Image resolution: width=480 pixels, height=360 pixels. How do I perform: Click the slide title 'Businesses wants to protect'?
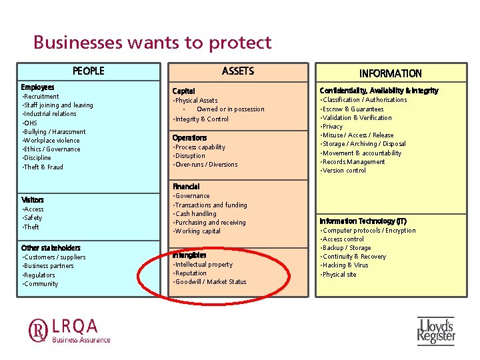[x=153, y=43]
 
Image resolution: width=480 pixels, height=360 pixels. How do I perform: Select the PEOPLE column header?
[x=89, y=71]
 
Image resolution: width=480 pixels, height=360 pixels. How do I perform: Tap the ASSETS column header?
[x=238, y=71]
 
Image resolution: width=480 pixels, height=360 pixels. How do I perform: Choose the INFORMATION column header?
[x=391, y=73]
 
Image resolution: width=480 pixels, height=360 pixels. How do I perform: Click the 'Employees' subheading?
[x=37, y=87]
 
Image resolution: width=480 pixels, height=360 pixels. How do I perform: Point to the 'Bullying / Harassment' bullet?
[x=55, y=132]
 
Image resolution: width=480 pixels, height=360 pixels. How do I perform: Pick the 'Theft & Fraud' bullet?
[x=43, y=167]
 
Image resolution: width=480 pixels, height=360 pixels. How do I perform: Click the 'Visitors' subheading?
[x=33, y=200]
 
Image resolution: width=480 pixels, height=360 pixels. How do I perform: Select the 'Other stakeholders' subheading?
[x=51, y=248]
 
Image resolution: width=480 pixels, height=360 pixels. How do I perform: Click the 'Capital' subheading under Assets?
[x=183, y=91]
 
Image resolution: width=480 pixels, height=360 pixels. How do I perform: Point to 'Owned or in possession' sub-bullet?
[x=231, y=109]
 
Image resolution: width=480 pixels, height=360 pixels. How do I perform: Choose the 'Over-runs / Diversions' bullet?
[x=206, y=165]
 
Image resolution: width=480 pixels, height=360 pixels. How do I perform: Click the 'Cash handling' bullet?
[x=195, y=214]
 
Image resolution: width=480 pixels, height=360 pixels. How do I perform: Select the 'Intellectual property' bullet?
[x=203, y=265]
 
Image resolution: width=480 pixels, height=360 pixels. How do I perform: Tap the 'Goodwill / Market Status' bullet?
[x=211, y=282]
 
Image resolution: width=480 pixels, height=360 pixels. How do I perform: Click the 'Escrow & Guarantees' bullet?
[x=353, y=109]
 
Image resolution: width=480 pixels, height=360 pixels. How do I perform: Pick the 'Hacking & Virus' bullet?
[x=345, y=265]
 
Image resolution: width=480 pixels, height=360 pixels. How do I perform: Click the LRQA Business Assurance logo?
[x=69, y=331]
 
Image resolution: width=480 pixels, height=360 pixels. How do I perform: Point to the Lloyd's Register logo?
[x=436, y=331]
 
